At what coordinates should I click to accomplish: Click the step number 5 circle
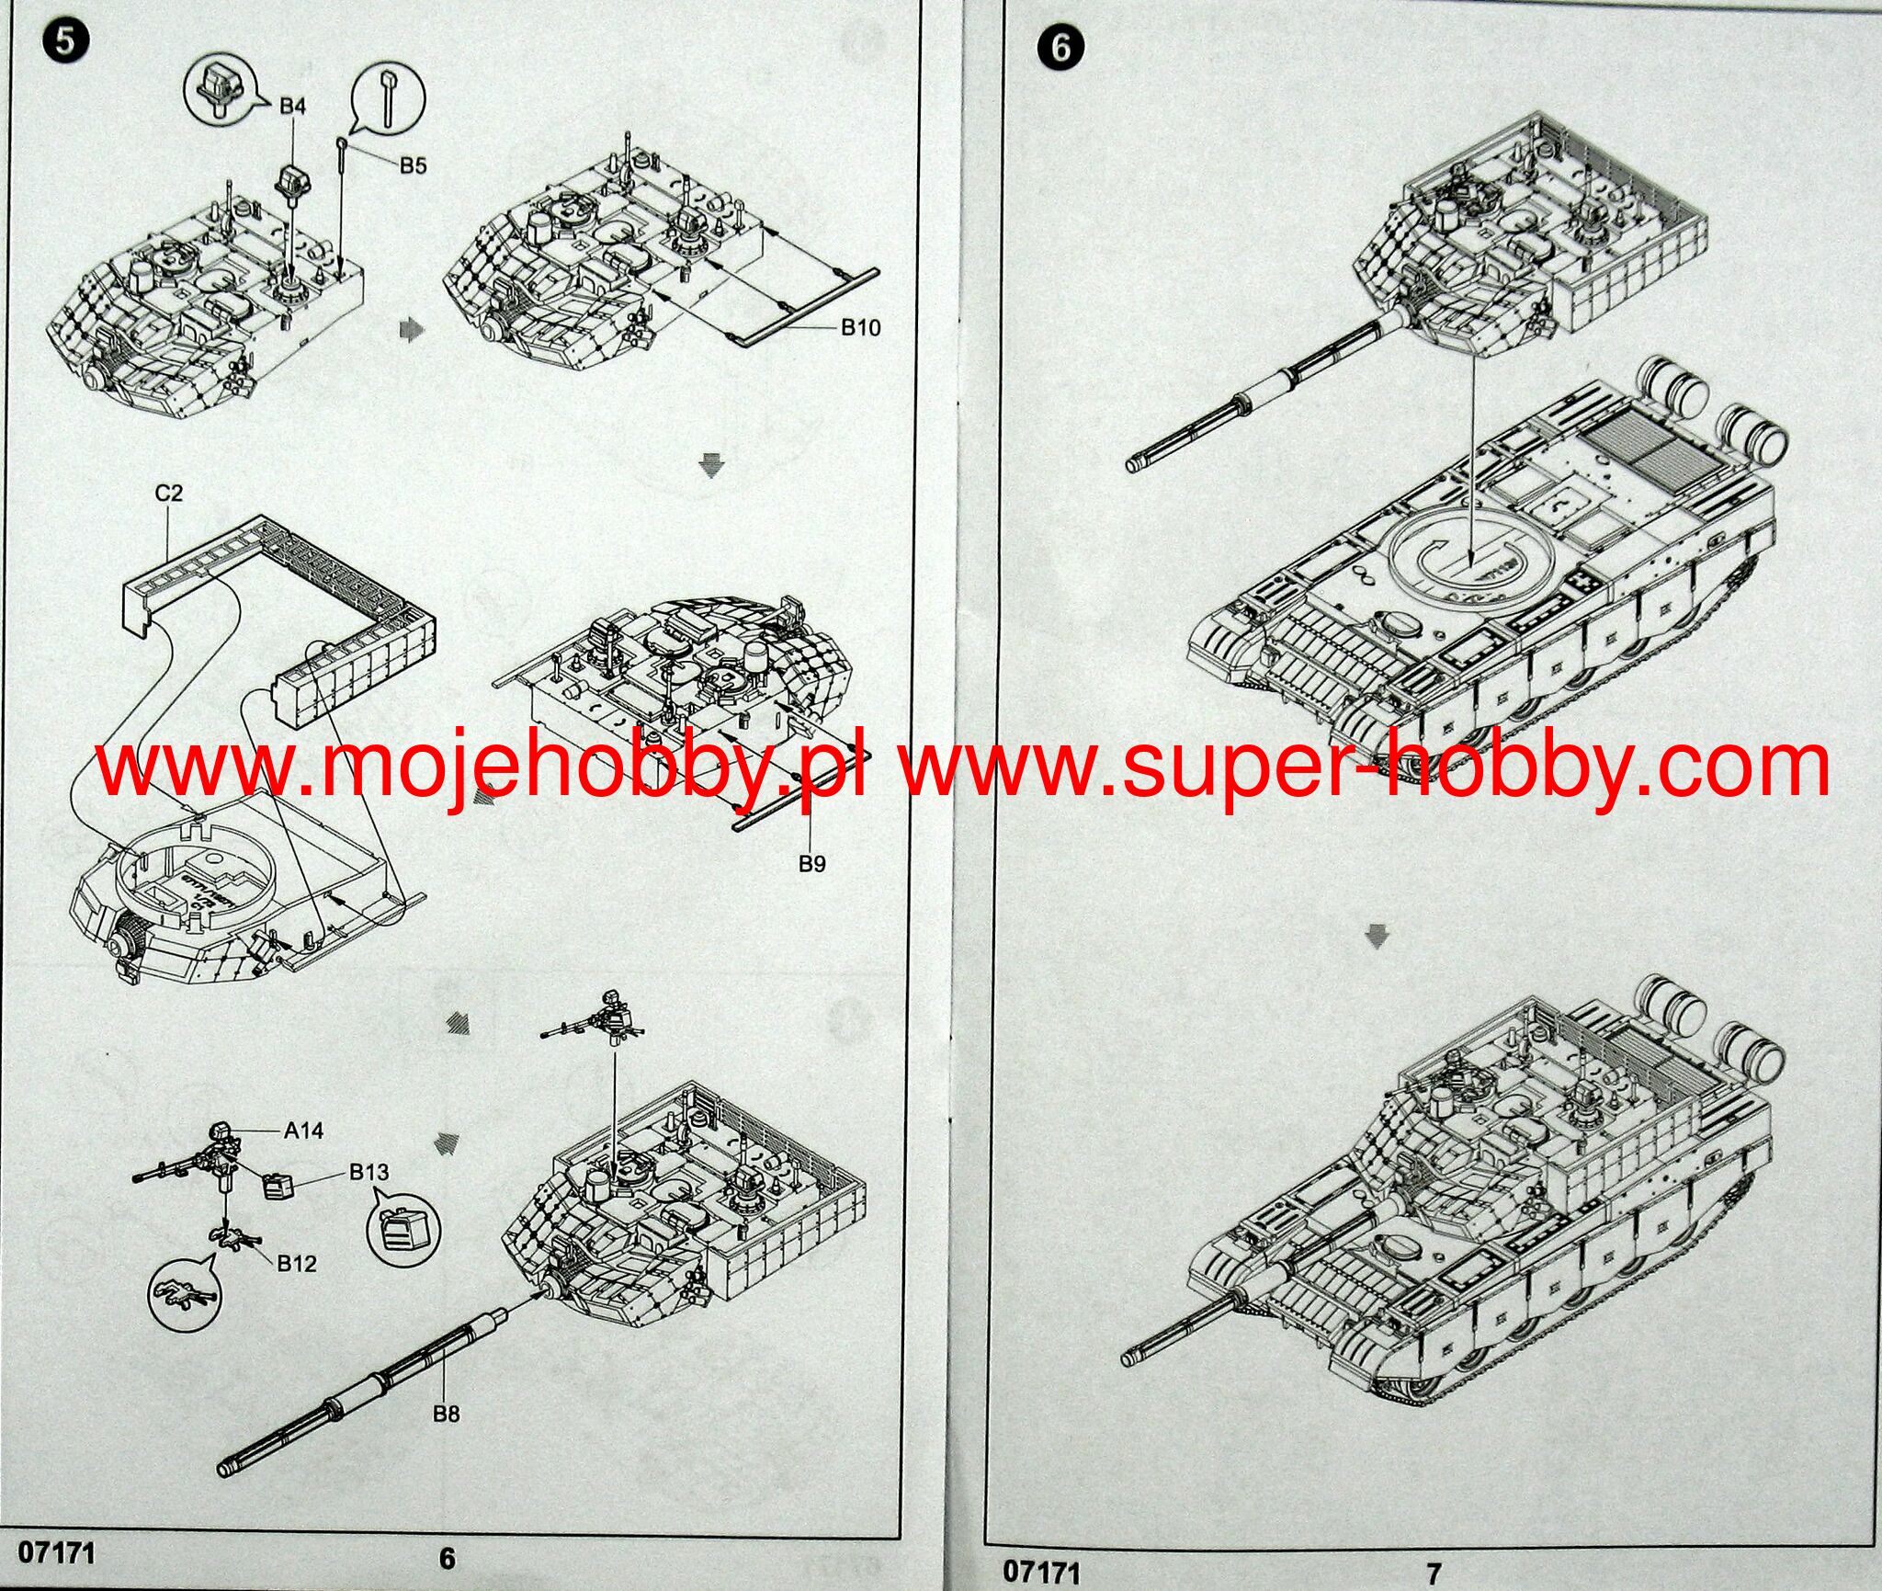63,42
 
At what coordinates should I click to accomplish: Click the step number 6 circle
1061,48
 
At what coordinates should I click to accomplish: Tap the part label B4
292,107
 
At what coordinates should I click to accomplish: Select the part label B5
414,165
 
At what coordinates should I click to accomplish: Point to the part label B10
860,327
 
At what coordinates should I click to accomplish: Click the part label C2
169,493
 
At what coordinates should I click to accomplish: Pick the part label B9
812,863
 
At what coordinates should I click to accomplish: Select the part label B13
368,1172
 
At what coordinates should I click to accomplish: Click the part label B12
297,1264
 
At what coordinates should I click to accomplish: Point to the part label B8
447,1414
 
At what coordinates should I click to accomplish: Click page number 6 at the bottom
448,1557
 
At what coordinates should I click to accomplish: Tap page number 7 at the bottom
1435,1573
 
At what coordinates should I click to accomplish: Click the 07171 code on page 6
57,1552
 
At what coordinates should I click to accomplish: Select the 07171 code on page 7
1042,1571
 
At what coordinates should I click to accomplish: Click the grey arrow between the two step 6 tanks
1377,937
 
